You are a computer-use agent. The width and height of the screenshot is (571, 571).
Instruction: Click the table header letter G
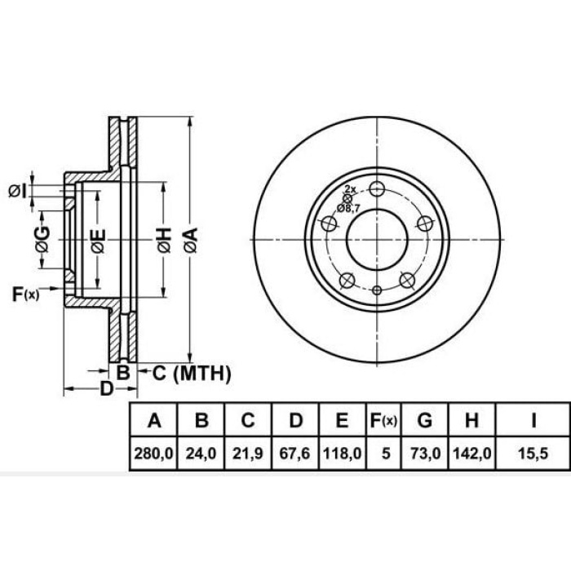click(x=424, y=422)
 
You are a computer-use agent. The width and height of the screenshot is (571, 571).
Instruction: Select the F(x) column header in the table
click(x=383, y=422)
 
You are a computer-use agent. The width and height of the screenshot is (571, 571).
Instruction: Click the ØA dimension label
click(x=189, y=239)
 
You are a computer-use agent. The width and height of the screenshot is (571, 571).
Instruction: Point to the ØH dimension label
click(x=165, y=239)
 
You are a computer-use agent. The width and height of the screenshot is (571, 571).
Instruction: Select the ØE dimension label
click(x=98, y=241)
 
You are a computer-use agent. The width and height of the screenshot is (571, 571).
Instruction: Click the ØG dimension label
click(x=42, y=240)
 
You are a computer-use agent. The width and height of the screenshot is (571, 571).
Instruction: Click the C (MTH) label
click(x=193, y=374)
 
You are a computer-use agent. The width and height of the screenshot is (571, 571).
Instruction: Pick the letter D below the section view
click(x=106, y=388)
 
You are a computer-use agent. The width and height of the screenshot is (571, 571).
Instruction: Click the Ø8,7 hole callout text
click(x=352, y=209)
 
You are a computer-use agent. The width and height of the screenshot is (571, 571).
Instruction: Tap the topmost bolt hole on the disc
click(x=376, y=188)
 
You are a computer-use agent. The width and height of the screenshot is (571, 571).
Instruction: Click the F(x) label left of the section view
click(x=25, y=294)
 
